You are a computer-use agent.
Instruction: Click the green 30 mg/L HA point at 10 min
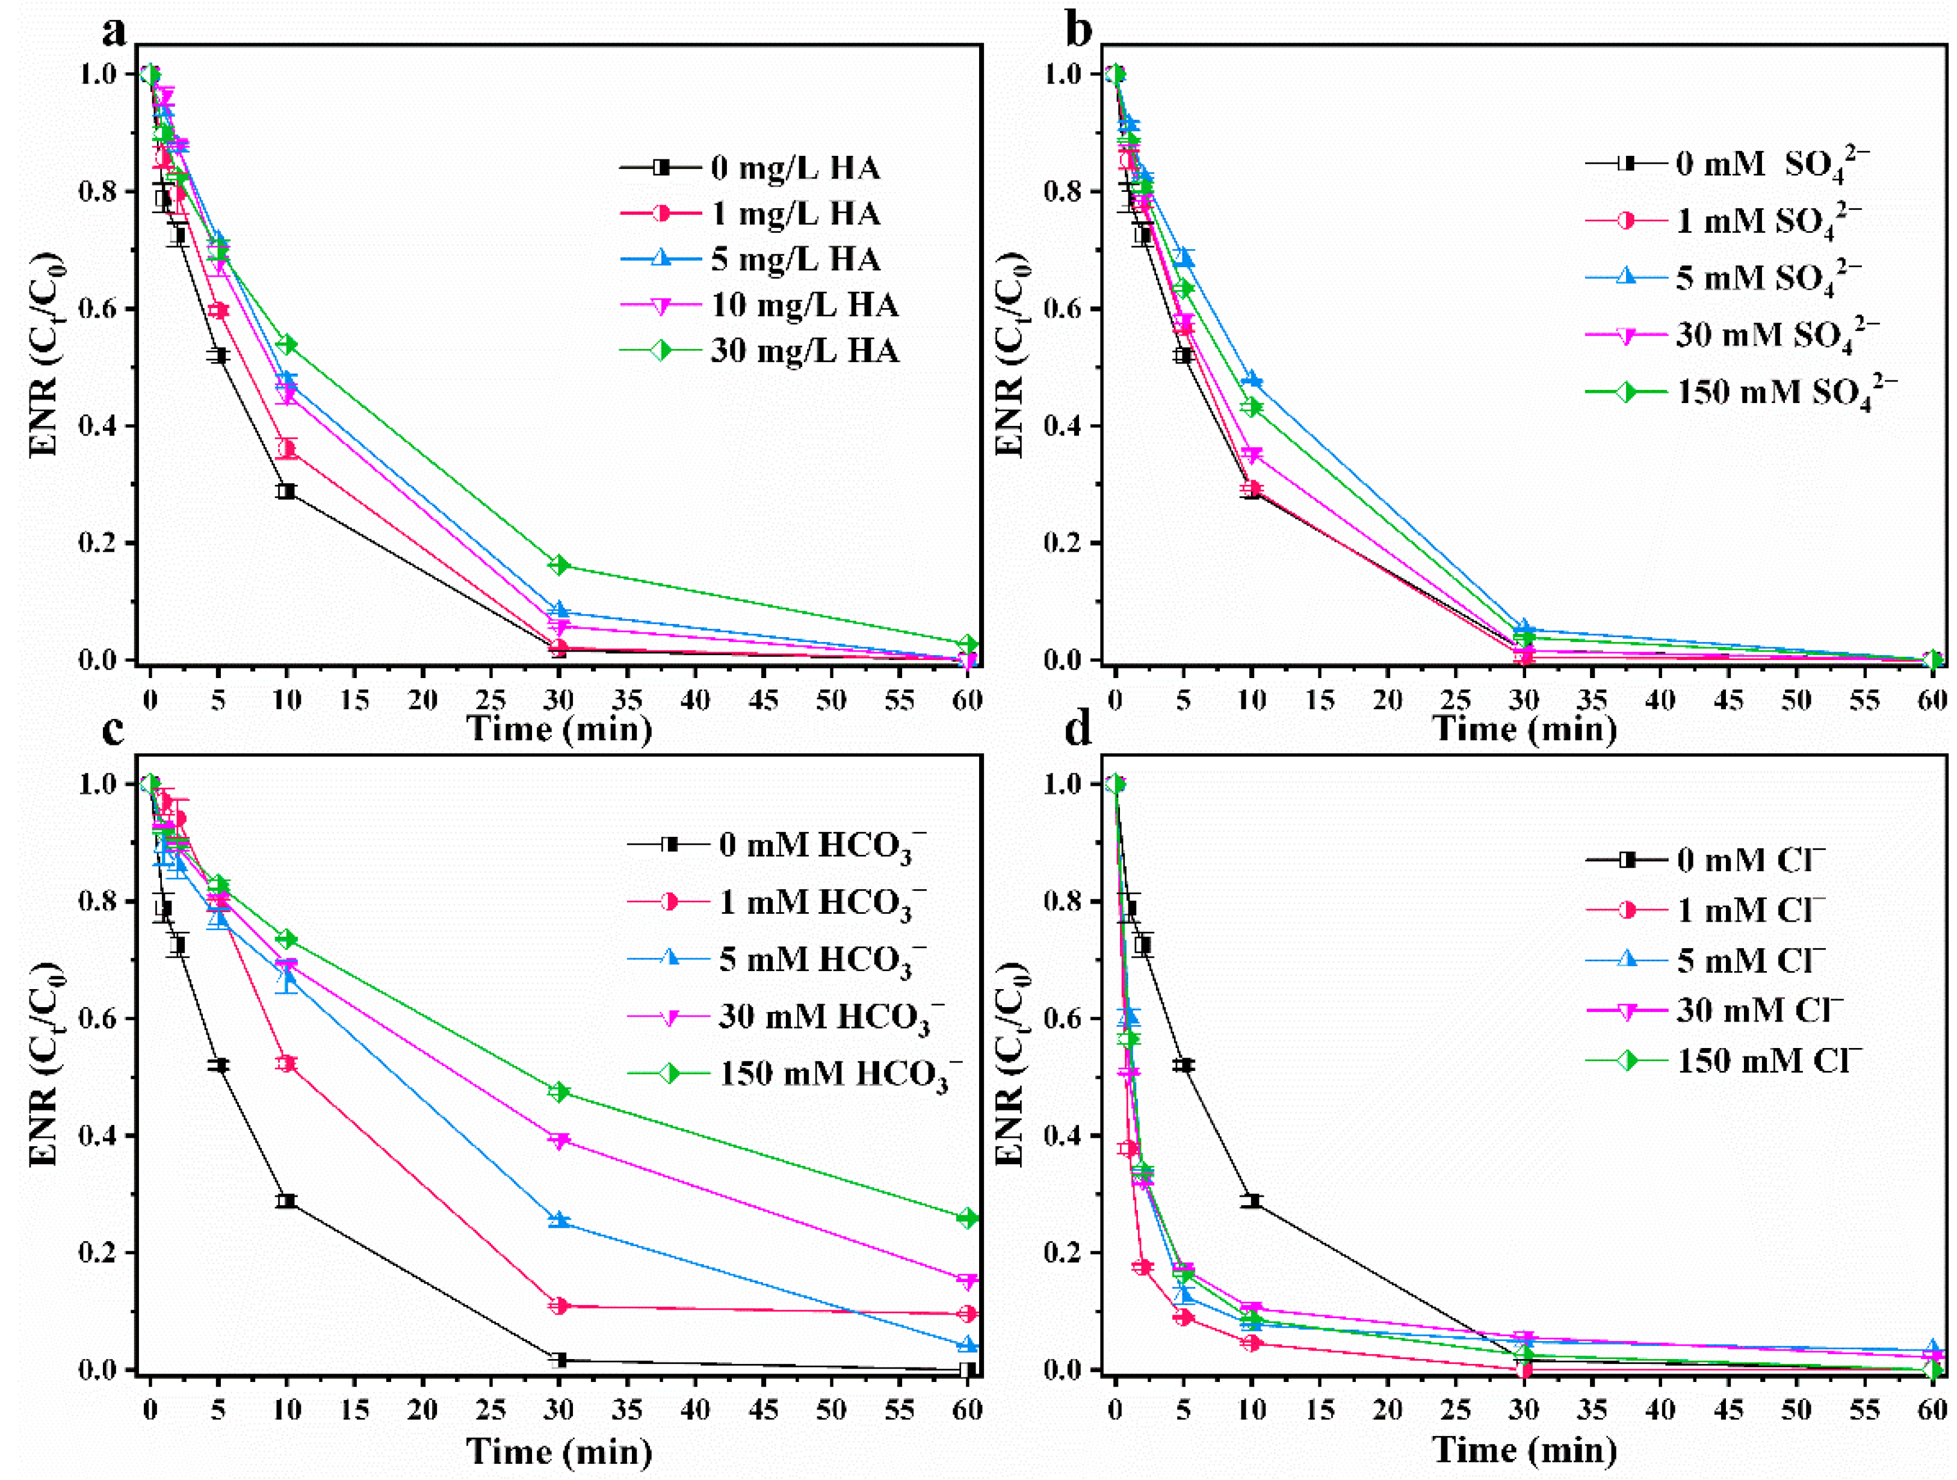[286, 344]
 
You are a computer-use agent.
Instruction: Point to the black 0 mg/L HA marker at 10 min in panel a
[286, 491]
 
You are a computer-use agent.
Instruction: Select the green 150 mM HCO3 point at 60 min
[968, 1218]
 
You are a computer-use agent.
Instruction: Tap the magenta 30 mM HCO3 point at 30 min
[558, 1140]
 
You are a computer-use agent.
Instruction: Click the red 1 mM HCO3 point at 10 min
[286, 1063]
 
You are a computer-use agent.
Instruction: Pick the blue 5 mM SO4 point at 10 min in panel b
[1251, 380]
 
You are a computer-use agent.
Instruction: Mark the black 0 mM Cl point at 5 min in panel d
[1184, 1065]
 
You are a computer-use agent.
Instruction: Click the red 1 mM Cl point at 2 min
[1142, 1268]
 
